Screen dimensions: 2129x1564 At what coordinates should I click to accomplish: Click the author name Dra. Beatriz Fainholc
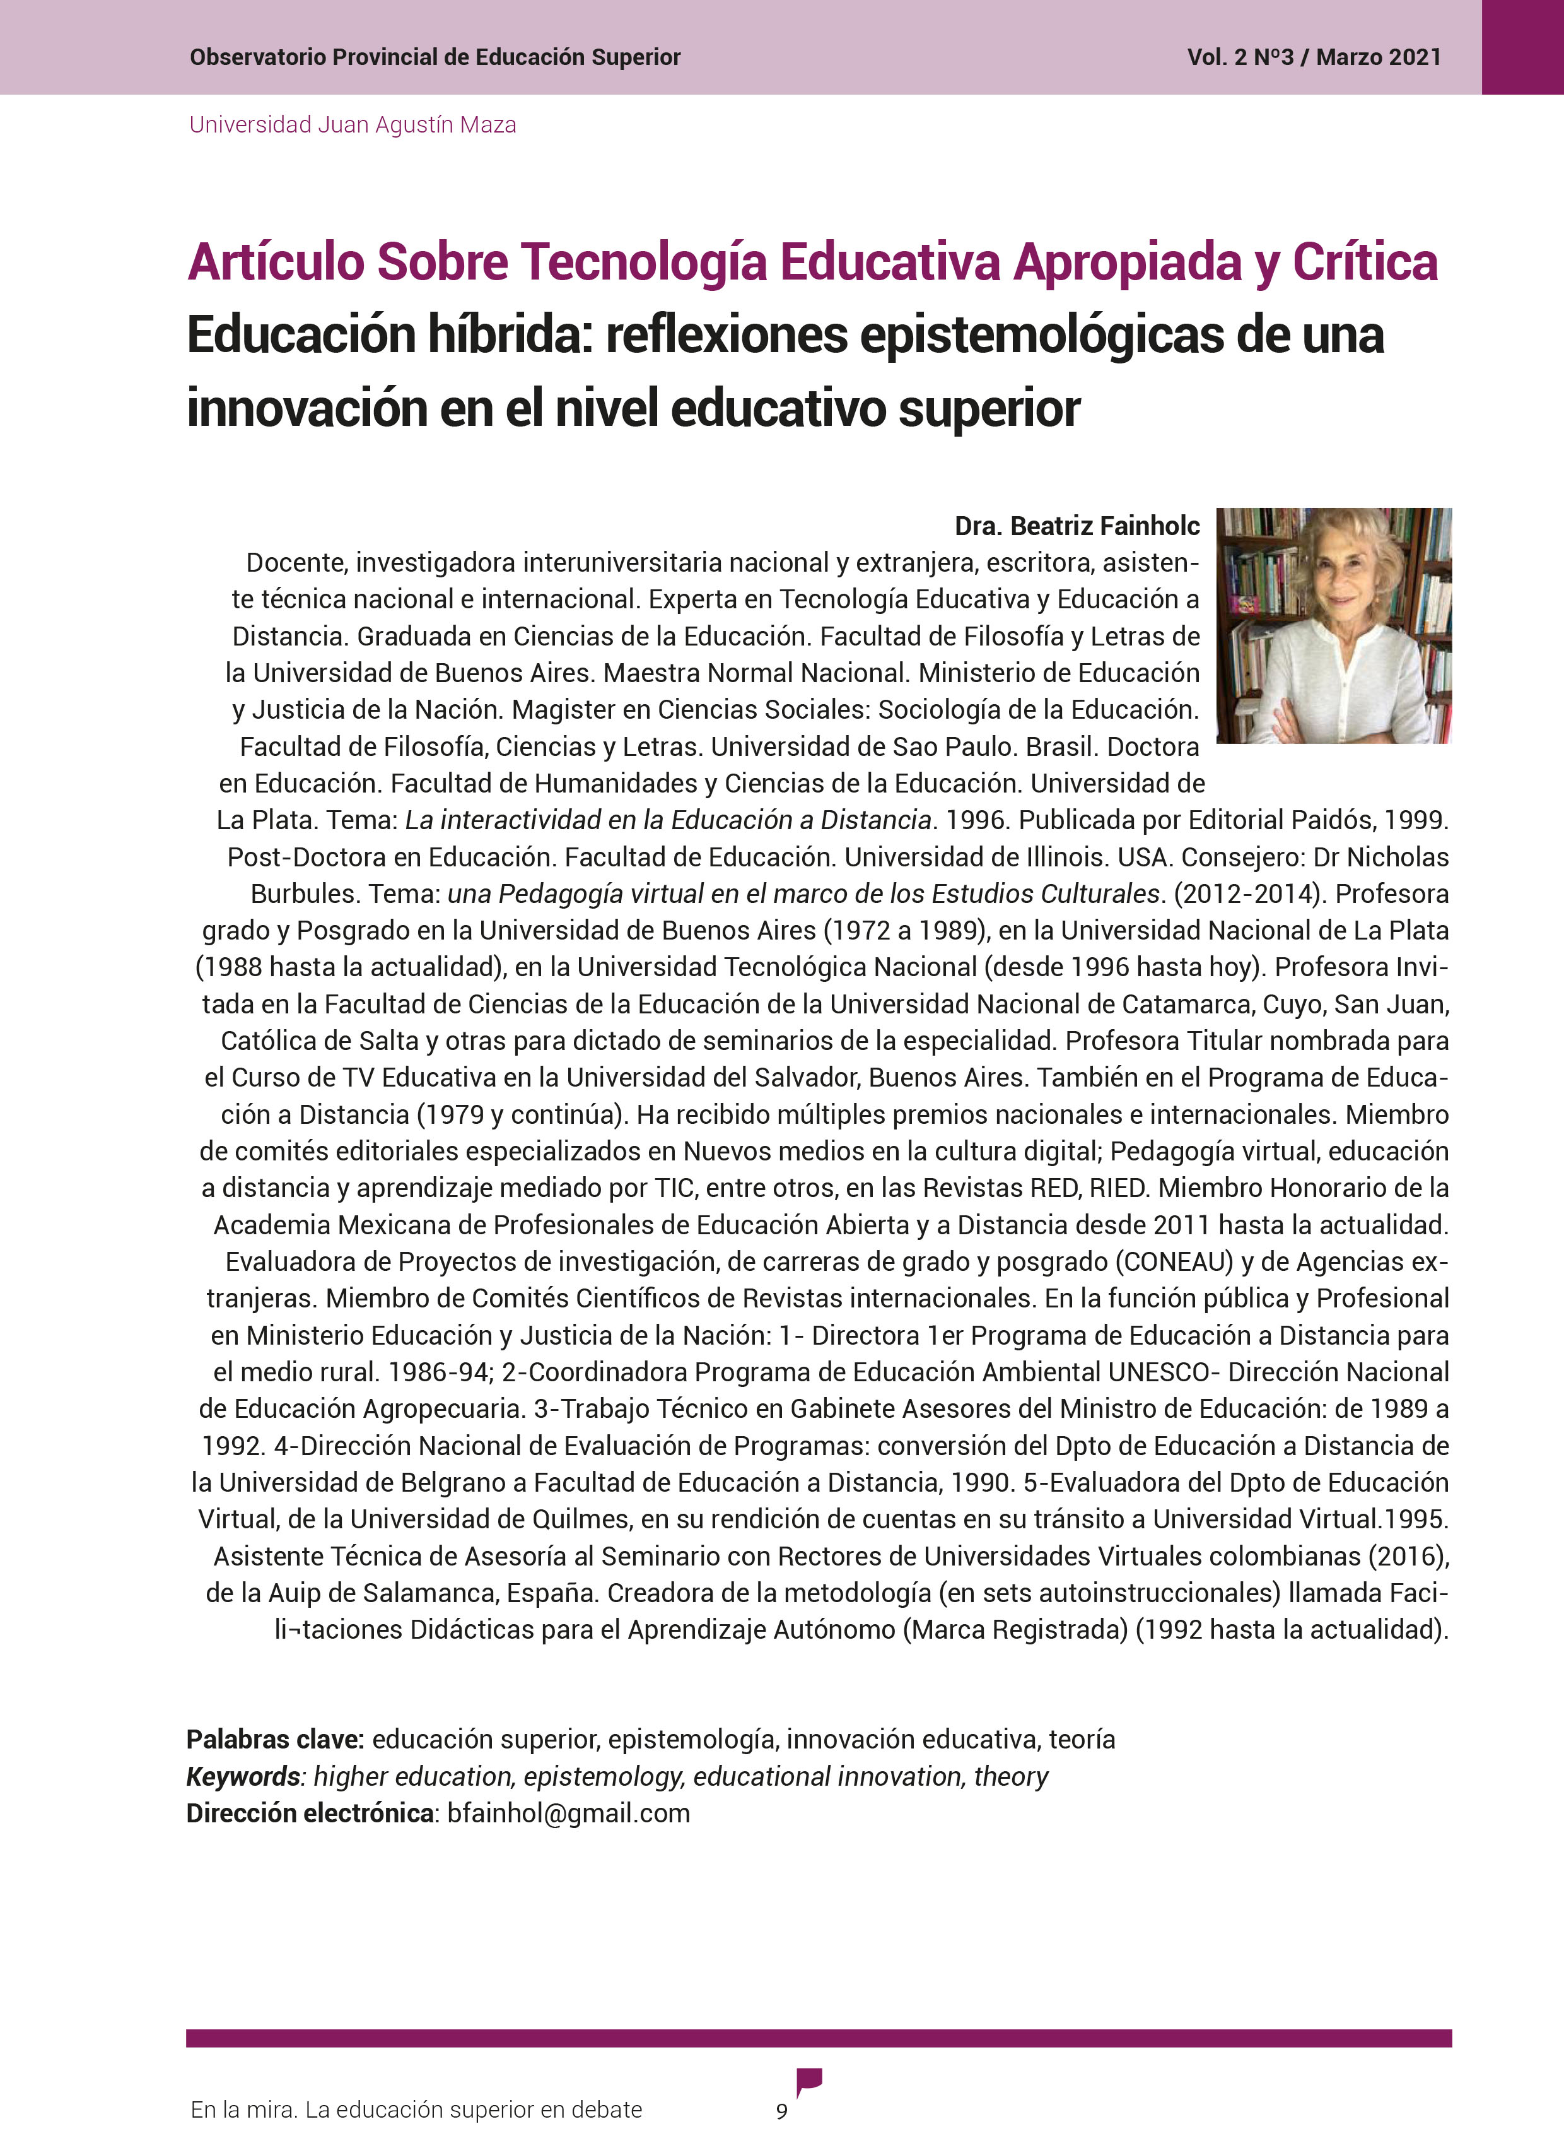1077,526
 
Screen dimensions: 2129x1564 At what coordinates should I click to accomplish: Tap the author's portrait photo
1333,625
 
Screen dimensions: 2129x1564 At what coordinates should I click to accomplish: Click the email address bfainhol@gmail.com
568,1813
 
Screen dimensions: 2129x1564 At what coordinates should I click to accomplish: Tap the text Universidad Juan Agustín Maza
352,125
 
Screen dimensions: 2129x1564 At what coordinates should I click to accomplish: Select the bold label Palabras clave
274,1739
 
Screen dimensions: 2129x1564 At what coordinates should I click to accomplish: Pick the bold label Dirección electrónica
310,1813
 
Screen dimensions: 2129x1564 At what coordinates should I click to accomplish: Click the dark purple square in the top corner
1522,47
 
